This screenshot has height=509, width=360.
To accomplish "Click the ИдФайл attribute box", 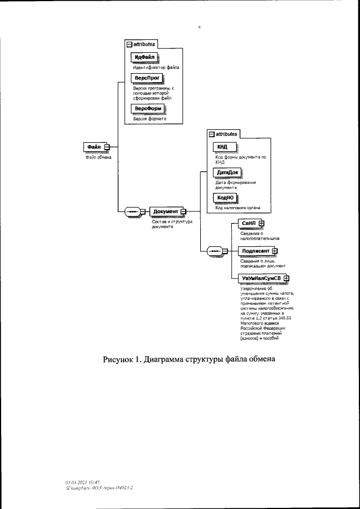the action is [145, 57].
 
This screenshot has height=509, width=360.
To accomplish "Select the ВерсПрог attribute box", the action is [146, 79].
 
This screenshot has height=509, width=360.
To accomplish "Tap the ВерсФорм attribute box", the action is [148, 108].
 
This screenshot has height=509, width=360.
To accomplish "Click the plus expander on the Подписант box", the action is [275, 251].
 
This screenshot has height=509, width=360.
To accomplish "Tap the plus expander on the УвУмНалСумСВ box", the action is [286, 278].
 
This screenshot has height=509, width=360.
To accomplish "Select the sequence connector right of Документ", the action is [215, 251].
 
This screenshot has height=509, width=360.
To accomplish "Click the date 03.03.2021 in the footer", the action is [75, 482].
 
